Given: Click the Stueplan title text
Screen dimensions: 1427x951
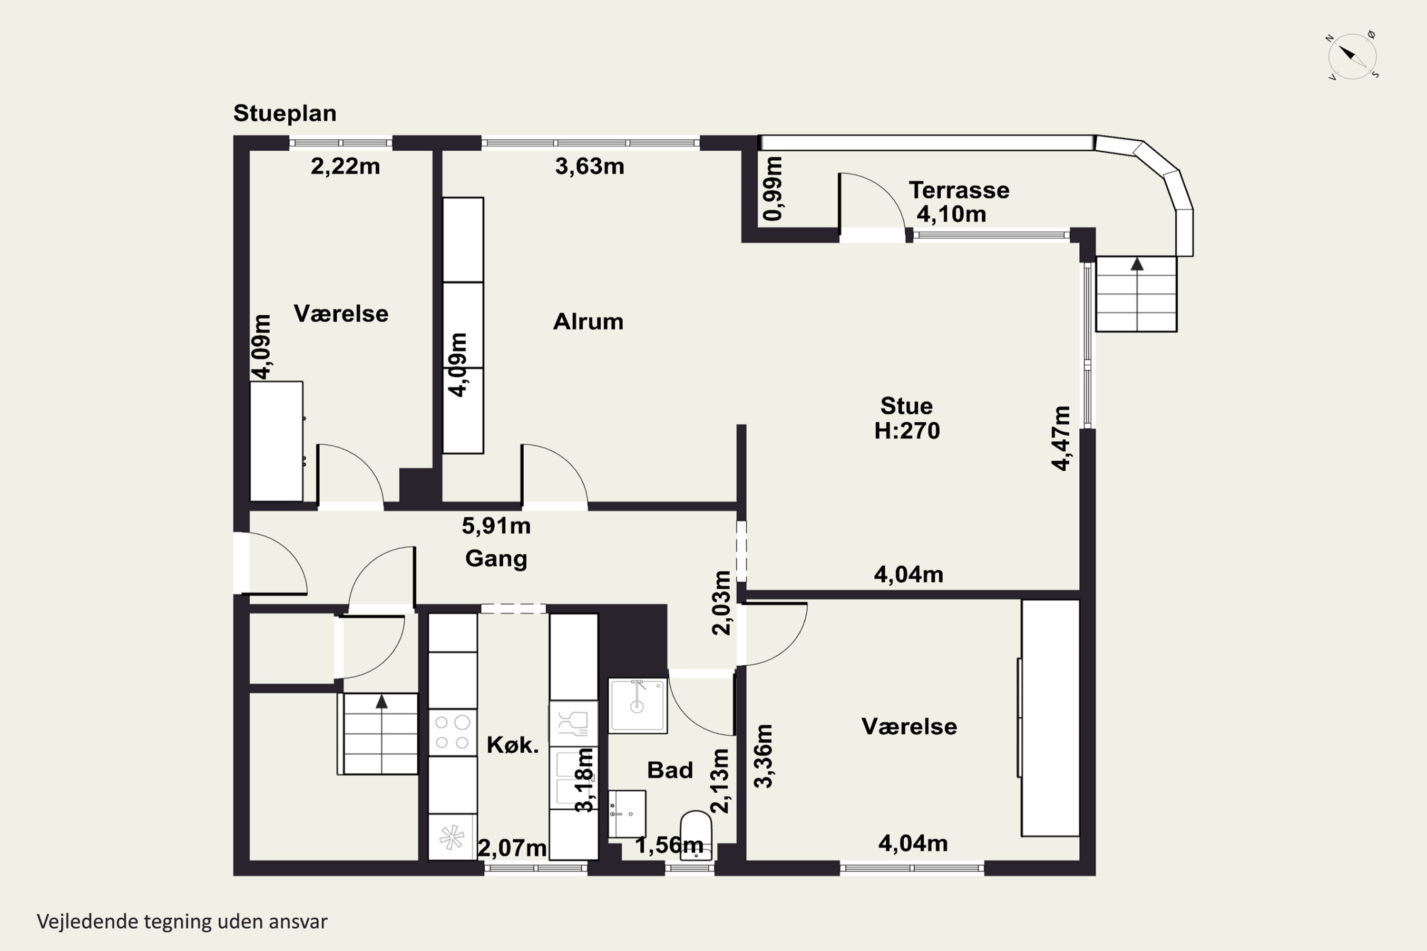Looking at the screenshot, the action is pos(284,114).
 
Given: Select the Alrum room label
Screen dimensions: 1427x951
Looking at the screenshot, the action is pos(588,321).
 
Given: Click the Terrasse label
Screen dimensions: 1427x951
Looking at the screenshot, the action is pos(958,191).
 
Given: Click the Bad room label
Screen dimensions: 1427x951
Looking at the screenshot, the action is pos(670,770).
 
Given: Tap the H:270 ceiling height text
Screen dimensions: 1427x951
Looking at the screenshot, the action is pos(907,431).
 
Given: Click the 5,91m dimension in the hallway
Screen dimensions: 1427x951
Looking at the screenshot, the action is pos(496,526).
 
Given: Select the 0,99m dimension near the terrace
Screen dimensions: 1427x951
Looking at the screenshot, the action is pos(773,189).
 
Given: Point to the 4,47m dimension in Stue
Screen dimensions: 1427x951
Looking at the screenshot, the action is pos(1061,438).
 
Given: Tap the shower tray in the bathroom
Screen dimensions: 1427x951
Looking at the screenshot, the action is pos(638,705).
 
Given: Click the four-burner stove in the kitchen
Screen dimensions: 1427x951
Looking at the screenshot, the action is pos(452,732).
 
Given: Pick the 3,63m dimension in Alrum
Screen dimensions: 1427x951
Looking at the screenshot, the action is pos(589,166).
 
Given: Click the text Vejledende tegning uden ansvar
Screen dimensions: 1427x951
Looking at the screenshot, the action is pos(182,922).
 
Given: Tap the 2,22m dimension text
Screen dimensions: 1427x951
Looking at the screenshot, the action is pos(345,166).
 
